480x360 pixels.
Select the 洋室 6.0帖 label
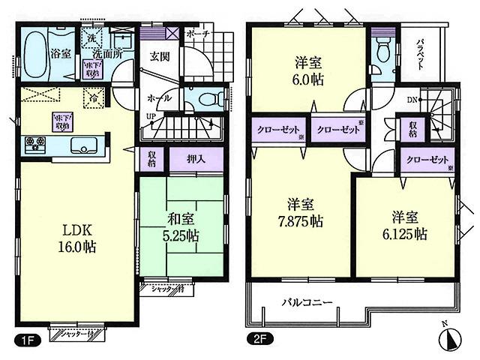point(308,71)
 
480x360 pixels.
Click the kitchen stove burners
point(36,142)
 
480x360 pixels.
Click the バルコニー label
point(307,303)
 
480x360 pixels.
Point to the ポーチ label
point(199,34)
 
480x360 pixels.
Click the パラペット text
point(421,53)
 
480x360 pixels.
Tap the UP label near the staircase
point(151,116)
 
